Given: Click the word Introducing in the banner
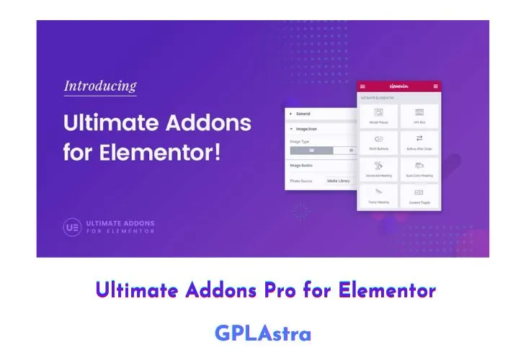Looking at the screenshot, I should click(x=100, y=86).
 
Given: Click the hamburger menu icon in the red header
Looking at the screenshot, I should click(x=363, y=86).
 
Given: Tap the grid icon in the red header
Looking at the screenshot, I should click(x=436, y=86).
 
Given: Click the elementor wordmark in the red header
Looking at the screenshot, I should click(x=399, y=86).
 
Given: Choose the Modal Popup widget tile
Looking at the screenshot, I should click(x=378, y=115).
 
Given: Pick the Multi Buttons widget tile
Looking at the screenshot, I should click(x=378, y=142).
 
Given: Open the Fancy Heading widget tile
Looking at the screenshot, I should click(x=378, y=196).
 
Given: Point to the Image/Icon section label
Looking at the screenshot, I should click(x=306, y=128).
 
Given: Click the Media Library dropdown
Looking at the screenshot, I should click(x=339, y=181).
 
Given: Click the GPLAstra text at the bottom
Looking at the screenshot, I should click(x=262, y=333).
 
